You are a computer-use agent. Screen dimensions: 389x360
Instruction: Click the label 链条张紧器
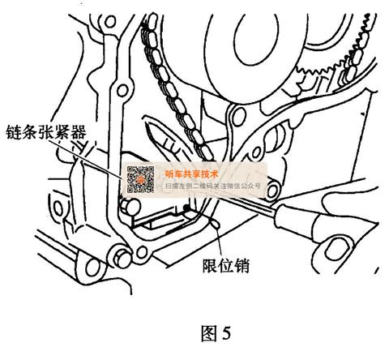click(x=46, y=132)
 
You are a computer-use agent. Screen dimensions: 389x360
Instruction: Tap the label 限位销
click(x=226, y=266)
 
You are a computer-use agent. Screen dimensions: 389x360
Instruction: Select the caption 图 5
click(x=216, y=333)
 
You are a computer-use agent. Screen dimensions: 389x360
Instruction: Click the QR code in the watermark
click(x=141, y=179)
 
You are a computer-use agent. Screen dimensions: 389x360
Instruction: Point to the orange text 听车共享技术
click(x=191, y=174)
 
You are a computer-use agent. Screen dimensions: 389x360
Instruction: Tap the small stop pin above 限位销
click(x=216, y=224)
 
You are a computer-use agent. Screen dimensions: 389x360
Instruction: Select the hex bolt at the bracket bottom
click(x=122, y=258)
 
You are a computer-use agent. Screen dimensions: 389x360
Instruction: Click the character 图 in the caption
click(x=209, y=333)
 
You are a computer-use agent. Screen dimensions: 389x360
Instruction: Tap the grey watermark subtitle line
click(x=212, y=186)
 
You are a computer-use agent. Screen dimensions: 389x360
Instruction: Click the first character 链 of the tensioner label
click(x=14, y=132)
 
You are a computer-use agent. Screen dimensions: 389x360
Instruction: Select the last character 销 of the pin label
click(x=242, y=266)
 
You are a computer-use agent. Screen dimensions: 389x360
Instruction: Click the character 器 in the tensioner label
click(x=79, y=132)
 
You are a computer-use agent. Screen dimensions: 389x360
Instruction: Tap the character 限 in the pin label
click(x=210, y=266)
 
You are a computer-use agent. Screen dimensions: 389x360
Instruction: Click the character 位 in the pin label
click(x=226, y=266)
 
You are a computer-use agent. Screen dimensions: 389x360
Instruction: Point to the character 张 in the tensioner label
click(x=46, y=132)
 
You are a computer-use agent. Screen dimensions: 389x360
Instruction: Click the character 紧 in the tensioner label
click(x=62, y=132)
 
